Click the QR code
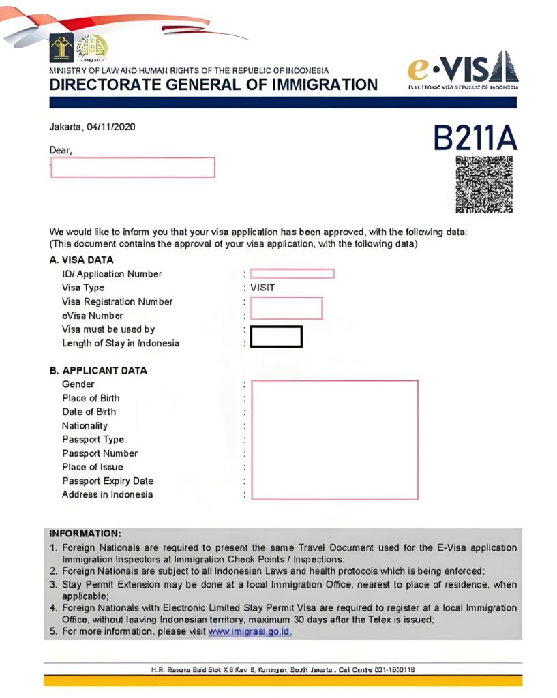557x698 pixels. point(483,184)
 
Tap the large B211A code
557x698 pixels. point(475,138)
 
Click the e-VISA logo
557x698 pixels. point(463,69)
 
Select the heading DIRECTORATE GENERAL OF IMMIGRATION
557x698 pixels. point(213,85)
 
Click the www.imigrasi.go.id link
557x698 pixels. point(250,631)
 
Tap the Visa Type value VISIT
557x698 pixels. point(262,288)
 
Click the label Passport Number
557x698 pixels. point(100,453)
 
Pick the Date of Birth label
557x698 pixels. point(89,412)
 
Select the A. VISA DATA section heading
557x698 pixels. point(81,260)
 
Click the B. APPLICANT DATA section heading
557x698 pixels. point(98,371)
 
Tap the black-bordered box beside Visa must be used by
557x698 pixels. point(276,337)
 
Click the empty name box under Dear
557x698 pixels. point(133,167)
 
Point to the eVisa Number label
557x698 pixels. point(93,316)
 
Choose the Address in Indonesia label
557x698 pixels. point(107,494)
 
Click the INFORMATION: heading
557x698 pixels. point(85,533)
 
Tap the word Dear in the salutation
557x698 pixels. point(61,149)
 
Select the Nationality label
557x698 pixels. point(85,425)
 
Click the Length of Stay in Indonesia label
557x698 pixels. point(121,343)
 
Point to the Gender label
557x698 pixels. point(78,384)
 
